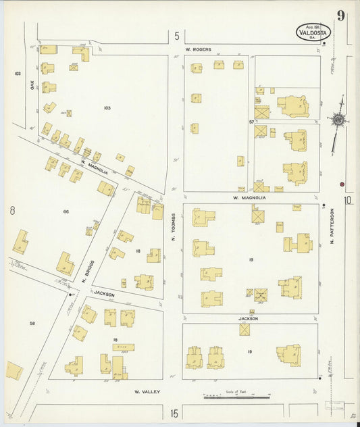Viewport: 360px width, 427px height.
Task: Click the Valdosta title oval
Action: tap(313, 31)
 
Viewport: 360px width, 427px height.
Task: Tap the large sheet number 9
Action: tap(341, 16)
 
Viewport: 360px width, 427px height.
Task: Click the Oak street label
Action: tap(31, 84)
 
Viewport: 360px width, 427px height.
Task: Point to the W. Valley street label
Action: tap(146, 391)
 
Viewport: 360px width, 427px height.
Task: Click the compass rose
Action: tap(337, 120)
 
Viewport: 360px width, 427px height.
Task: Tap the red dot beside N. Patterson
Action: tap(342, 184)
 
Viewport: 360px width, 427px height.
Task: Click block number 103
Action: tap(107, 108)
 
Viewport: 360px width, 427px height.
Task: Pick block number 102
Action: tap(18, 73)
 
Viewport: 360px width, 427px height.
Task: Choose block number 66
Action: tap(66, 211)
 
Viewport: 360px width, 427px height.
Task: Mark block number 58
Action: tap(32, 324)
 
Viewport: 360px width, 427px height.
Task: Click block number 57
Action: tap(251, 122)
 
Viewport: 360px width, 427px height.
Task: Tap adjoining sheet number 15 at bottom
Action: tap(174, 413)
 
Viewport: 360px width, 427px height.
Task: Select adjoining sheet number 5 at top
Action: tap(176, 36)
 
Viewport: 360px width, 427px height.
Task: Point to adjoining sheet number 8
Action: tap(12, 211)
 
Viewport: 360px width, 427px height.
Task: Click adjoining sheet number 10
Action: tap(348, 200)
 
